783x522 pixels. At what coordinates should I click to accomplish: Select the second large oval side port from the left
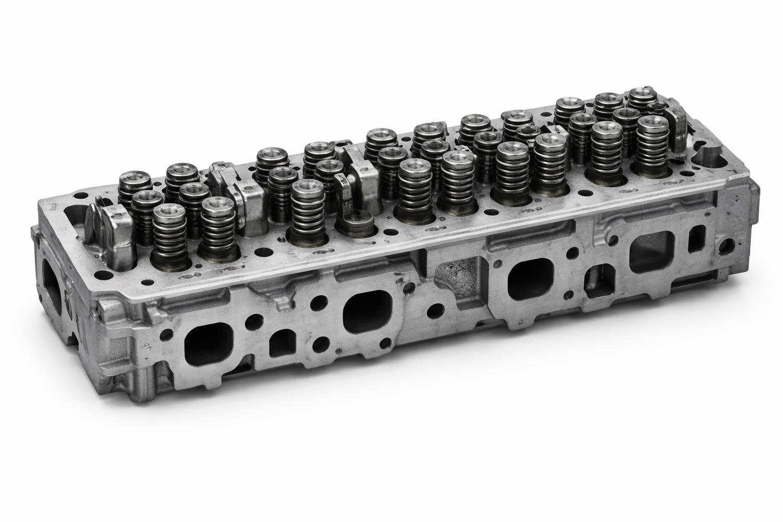(368, 311)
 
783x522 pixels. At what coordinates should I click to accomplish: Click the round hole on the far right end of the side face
(724, 247)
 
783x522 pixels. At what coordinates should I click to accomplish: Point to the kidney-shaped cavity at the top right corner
(714, 156)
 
